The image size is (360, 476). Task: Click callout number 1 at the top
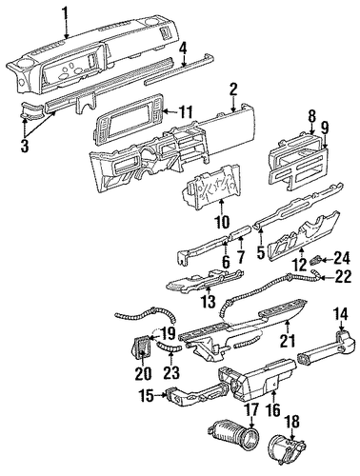tap(65, 13)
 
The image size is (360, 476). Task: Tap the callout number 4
tap(184, 49)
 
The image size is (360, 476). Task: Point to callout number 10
tap(221, 222)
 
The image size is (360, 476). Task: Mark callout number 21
tap(287, 341)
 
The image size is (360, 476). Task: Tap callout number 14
tap(340, 315)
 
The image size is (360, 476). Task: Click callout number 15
tap(149, 395)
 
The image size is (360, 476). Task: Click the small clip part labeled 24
tap(315, 261)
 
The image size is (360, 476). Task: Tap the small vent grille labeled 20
tap(141, 347)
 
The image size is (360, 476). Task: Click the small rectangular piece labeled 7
tap(241, 236)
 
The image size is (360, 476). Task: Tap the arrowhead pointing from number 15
tap(165, 395)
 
